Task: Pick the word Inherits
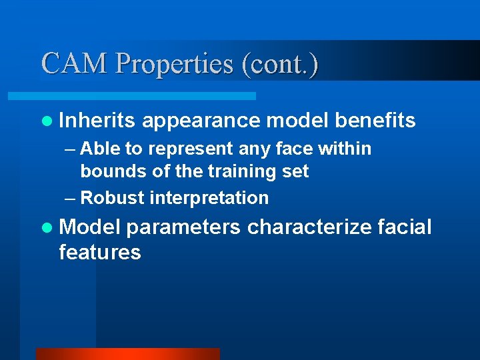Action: (x=97, y=121)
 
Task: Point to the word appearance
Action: (x=201, y=121)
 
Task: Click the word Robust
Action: (x=113, y=198)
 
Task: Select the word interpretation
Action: (x=209, y=199)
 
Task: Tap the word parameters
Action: (x=183, y=227)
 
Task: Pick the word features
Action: (x=100, y=253)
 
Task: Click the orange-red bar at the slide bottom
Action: (x=127, y=354)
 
